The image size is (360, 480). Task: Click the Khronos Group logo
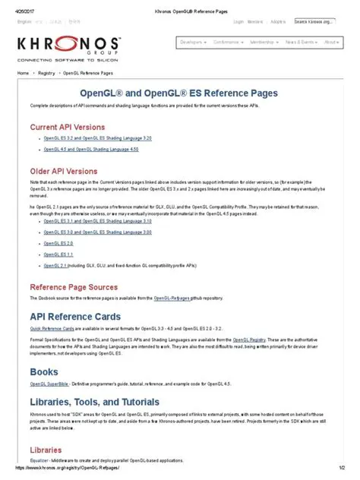(x=68, y=46)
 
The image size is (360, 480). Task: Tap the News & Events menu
(x=300, y=43)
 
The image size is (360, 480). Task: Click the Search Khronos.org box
(x=315, y=22)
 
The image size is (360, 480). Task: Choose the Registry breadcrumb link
(x=46, y=73)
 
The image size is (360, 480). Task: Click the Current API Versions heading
(x=67, y=127)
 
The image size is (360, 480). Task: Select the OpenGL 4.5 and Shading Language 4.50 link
(x=81, y=150)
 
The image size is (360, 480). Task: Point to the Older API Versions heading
(x=64, y=171)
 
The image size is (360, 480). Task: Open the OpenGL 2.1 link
(x=55, y=266)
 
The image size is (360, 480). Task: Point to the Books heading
(x=43, y=371)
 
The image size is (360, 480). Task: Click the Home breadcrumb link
(x=23, y=73)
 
